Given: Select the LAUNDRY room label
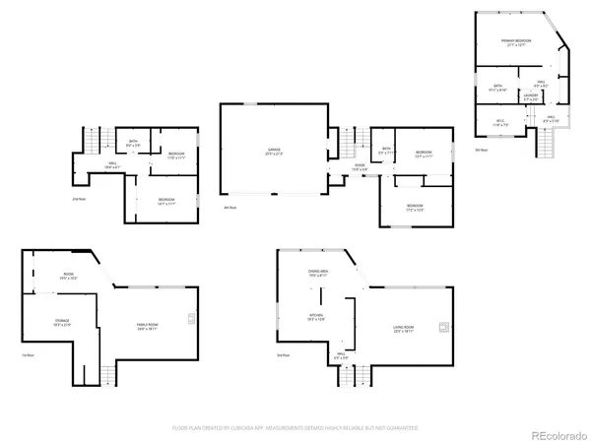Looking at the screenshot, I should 531,97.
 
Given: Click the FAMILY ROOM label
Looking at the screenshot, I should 151,327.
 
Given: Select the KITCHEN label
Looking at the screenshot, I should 315,317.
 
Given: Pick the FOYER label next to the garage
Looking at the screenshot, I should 360,166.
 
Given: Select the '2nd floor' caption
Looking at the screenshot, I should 80,199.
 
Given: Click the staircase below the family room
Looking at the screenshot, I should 106,374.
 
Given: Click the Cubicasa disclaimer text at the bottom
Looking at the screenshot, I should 295,428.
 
